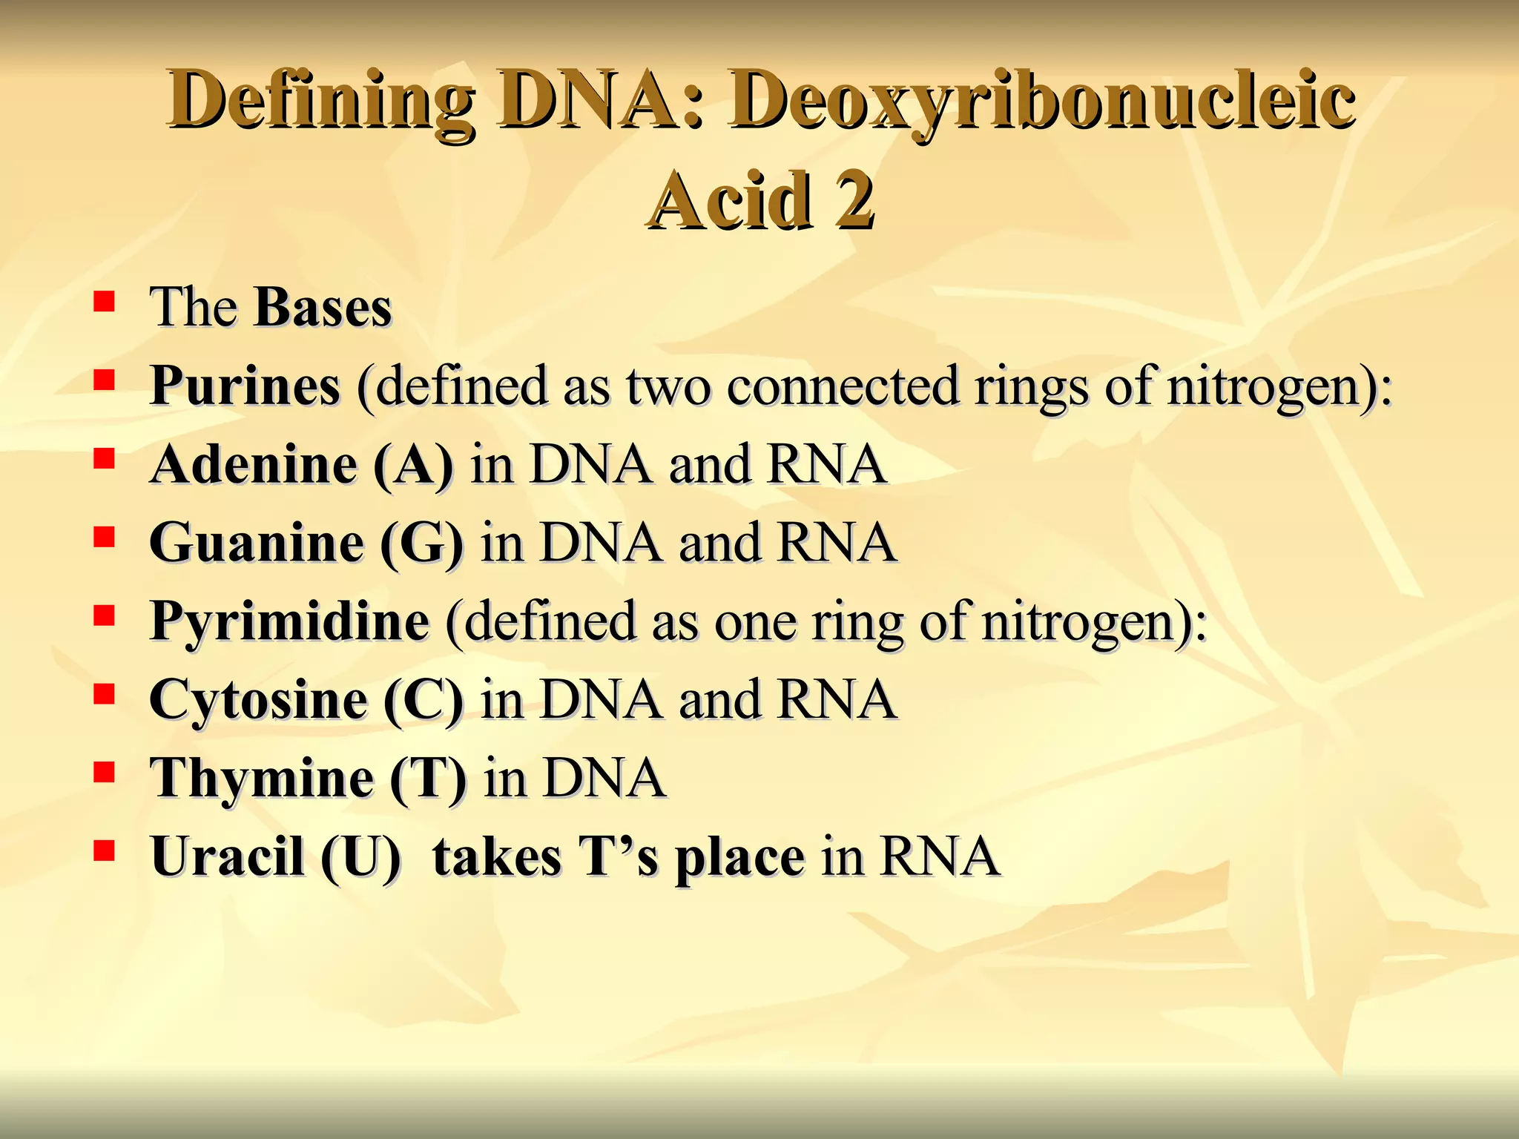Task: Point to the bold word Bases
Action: pyautogui.click(x=322, y=307)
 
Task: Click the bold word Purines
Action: pyautogui.click(x=245, y=386)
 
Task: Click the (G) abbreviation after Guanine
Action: pyautogui.click(x=421, y=544)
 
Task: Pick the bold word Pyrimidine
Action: pyautogui.click(x=289, y=621)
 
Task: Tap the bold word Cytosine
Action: pyautogui.click(x=257, y=700)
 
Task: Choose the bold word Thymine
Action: pyautogui.click(x=261, y=779)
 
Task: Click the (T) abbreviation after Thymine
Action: pyautogui.click(x=428, y=779)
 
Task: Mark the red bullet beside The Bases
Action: pyautogui.click(x=105, y=302)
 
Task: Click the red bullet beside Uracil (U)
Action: pyautogui.click(x=105, y=852)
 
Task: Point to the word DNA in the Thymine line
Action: pyautogui.click(x=604, y=779)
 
